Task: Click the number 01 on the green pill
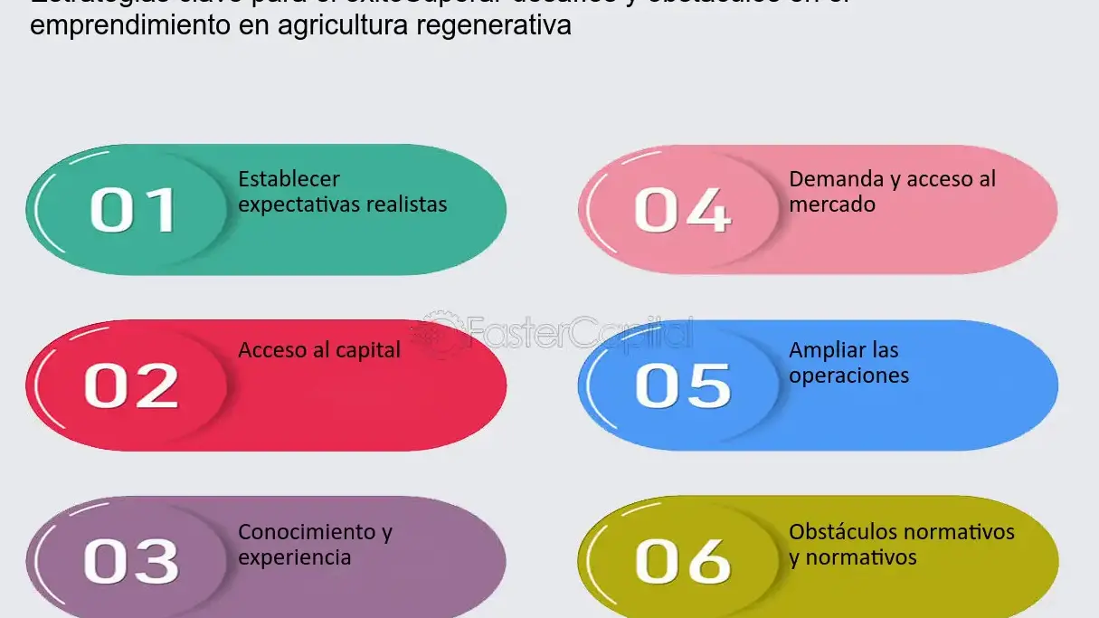(x=132, y=210)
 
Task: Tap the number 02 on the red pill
(x=132, y=385)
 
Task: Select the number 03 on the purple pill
(x=132, y=561)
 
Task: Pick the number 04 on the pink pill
(x=683, y=210)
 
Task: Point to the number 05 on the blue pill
(x=683, y=385)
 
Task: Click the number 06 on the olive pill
(x=683, y=561)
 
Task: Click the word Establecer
(x=289, y=179)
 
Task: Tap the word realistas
(x=406, y=204)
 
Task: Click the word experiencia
(x=294, y=557)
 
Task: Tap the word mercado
(x=832, y=204)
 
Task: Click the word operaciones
(x=848, y=376)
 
